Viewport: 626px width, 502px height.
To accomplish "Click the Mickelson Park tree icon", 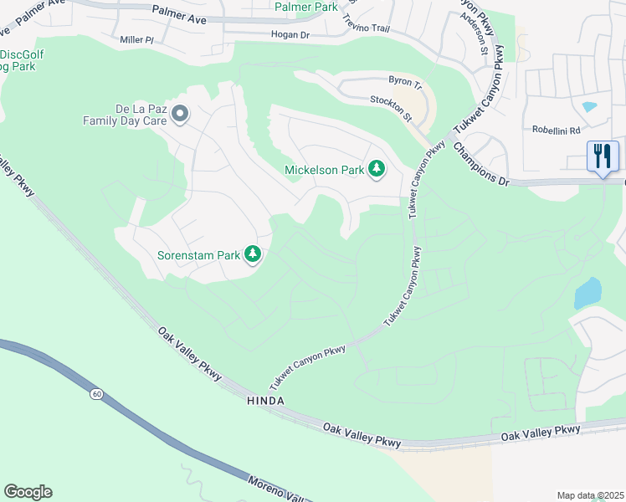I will (377, 170).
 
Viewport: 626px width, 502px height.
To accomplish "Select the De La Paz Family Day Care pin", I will (178, 114).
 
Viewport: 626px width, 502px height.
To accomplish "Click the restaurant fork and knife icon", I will (603, 156).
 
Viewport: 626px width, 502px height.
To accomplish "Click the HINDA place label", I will (265, 401).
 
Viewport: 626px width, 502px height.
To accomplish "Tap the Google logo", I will (28, 492).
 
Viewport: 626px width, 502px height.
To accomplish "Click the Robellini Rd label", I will (556, 131).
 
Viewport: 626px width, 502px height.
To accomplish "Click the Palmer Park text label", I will (306, 7).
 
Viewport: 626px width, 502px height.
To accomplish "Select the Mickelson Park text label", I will (324, 170).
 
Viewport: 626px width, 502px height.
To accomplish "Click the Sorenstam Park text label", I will (198, 254).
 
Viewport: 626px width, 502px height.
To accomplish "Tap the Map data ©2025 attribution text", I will (590, 495).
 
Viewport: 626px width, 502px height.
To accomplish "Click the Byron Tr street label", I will (405, 81).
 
